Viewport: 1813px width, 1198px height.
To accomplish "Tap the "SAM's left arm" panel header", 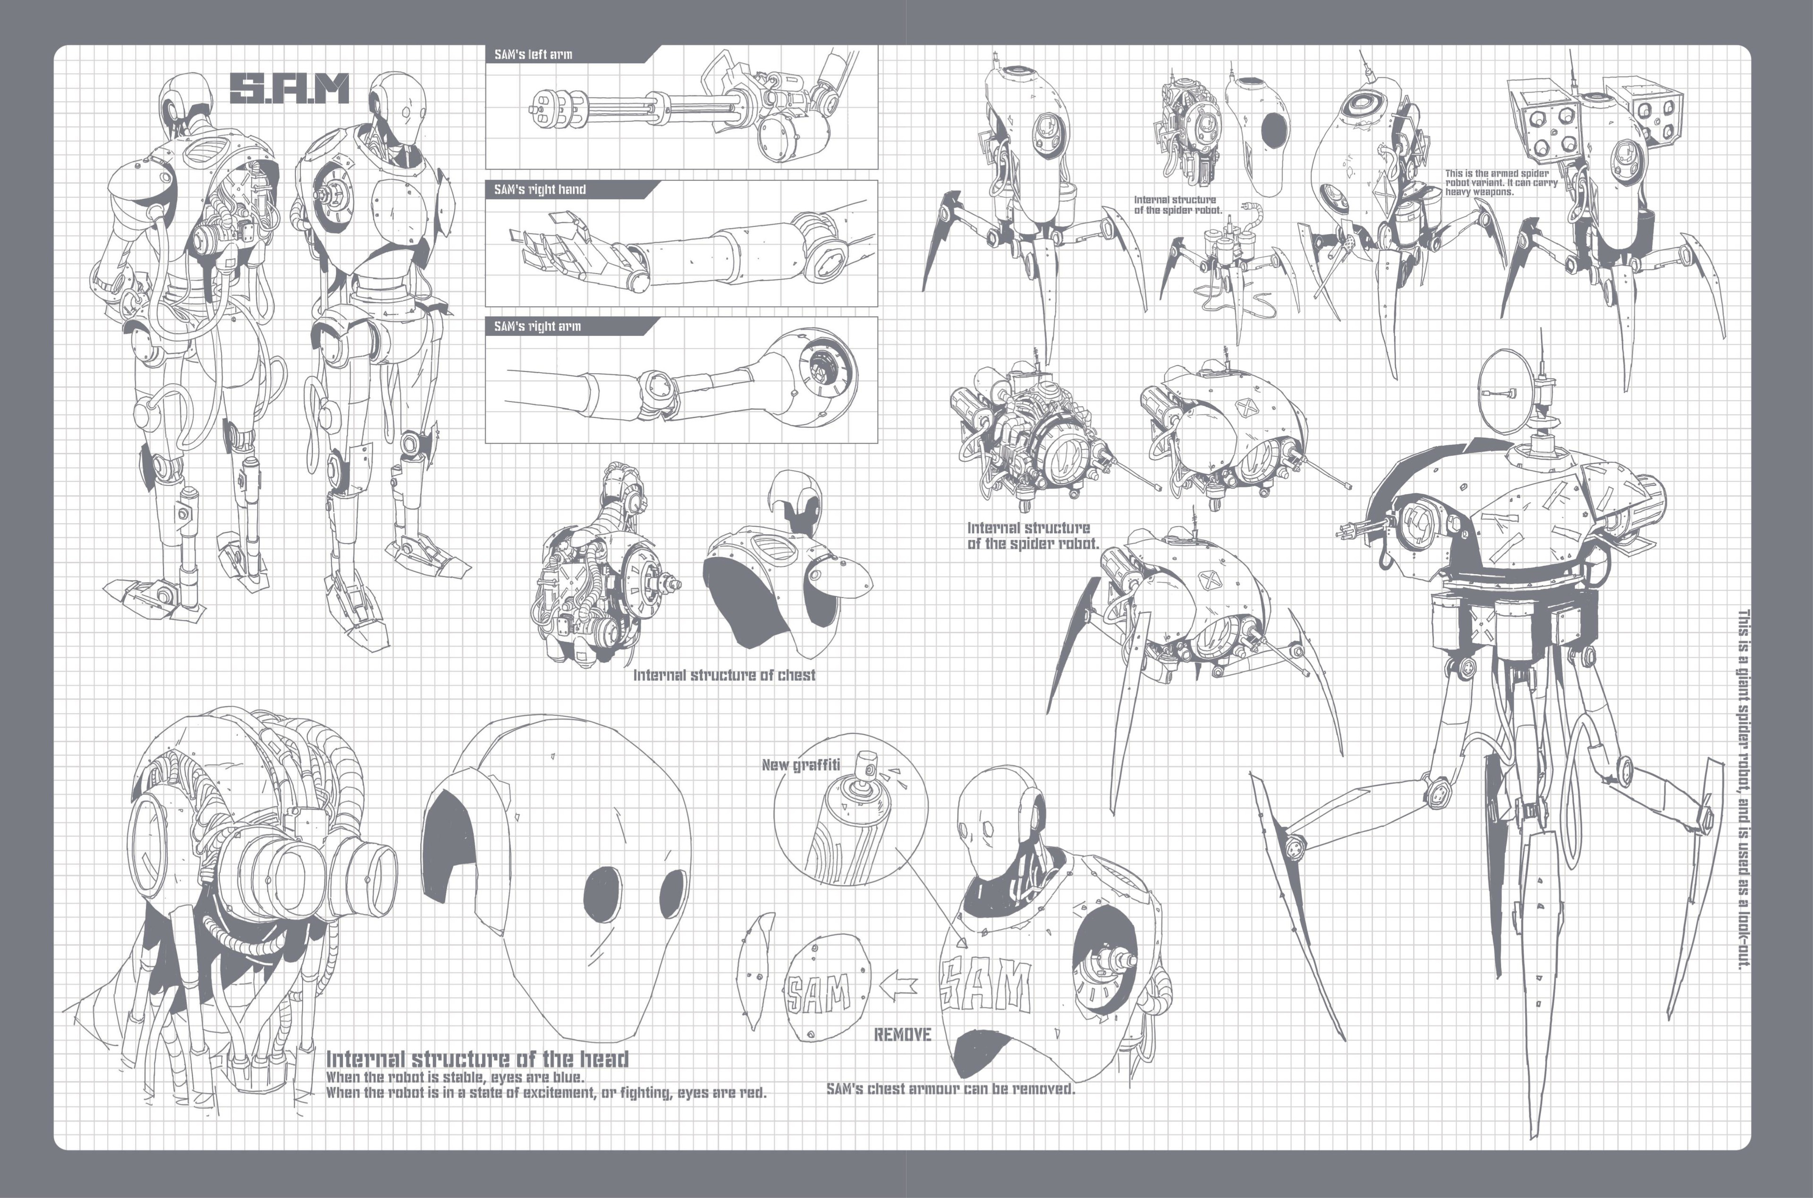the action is click(533, 54).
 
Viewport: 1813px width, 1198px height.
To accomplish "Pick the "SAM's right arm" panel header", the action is click(537, 326).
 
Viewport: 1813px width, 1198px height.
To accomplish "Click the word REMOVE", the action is click(903, 1034).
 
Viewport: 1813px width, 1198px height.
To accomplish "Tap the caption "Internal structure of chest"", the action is click(724, 675).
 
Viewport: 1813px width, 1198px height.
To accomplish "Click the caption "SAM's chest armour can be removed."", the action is click(951, 1089).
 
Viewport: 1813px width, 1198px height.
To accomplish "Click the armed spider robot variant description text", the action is click(1501, 183).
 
